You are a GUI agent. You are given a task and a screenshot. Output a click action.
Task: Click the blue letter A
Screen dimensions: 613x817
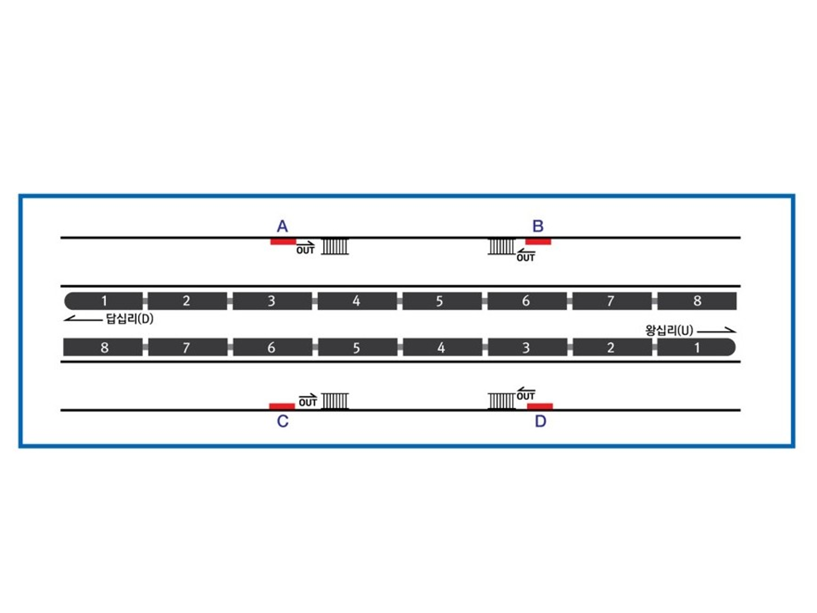point(282,226)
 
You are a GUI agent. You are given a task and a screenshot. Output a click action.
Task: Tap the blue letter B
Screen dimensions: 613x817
point(538,226)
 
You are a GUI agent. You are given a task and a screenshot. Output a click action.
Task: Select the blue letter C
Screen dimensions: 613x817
point(283,421)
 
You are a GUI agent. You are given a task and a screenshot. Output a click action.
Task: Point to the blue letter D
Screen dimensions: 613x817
point(540,421)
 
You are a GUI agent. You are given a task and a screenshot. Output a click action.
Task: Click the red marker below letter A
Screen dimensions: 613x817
point(283,242)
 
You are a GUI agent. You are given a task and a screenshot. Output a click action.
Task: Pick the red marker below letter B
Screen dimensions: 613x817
point(538,242)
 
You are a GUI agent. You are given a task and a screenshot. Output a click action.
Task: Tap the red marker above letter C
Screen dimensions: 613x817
point(282,406)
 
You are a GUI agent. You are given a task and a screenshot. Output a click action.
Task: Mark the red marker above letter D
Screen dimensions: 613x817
point(540,406)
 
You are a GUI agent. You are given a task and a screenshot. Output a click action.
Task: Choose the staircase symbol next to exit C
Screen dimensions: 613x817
point(335,401)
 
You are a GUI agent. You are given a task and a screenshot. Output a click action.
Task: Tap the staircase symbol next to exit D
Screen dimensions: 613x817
point(501,401)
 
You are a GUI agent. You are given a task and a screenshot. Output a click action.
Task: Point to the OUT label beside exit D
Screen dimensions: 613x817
point(526,396)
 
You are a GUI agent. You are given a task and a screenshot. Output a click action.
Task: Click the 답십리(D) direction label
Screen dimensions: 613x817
point(129,318)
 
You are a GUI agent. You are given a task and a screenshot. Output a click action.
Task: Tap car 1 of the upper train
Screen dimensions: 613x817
point(104,301)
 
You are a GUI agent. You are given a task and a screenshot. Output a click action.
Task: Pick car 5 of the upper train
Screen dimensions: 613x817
point(442,301)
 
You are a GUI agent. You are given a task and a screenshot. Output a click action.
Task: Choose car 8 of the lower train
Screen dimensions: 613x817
point(103,347)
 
